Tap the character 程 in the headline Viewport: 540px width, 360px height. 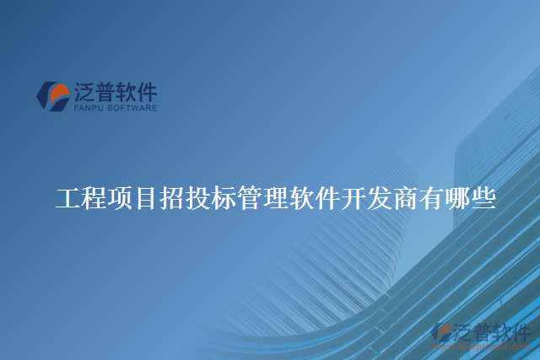pyautogui.click(x=94, y=200)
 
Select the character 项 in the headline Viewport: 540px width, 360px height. pyautogui.click(x=121, y=200)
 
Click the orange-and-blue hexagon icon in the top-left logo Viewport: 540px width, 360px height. pyautogui.click(x=53, y=95)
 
